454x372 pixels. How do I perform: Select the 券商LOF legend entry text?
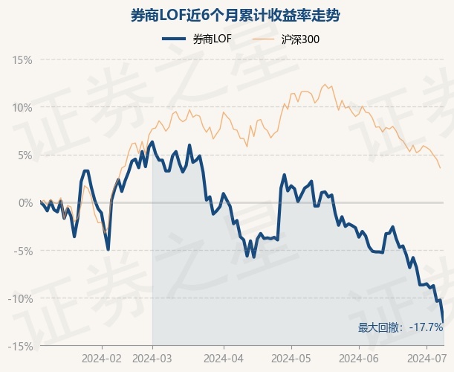point(212,39)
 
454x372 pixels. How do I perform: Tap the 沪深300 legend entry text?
point(301,39)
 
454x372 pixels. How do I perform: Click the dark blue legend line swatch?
point(174,39)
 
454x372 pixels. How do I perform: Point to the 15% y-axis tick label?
point(23,60)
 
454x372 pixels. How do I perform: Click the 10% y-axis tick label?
point(23,107)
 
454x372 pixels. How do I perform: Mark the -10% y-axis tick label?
point(22,298)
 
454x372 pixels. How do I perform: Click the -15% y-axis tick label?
point(22,346)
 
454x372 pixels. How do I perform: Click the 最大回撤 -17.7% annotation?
point(401,327)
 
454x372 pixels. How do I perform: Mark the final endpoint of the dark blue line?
point(444,321)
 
